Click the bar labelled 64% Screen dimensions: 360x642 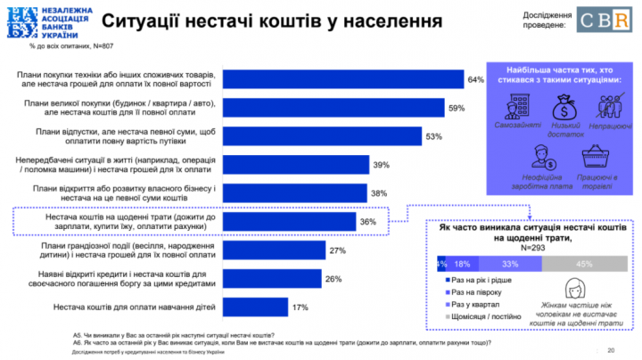pos(342,79)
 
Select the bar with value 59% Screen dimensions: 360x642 pos(332,108)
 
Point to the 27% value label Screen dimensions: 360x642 pos(338,250)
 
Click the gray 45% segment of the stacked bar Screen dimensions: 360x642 pos(583,264)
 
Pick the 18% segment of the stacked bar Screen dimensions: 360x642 pos(462,264)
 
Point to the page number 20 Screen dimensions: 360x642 pos(611,348)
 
